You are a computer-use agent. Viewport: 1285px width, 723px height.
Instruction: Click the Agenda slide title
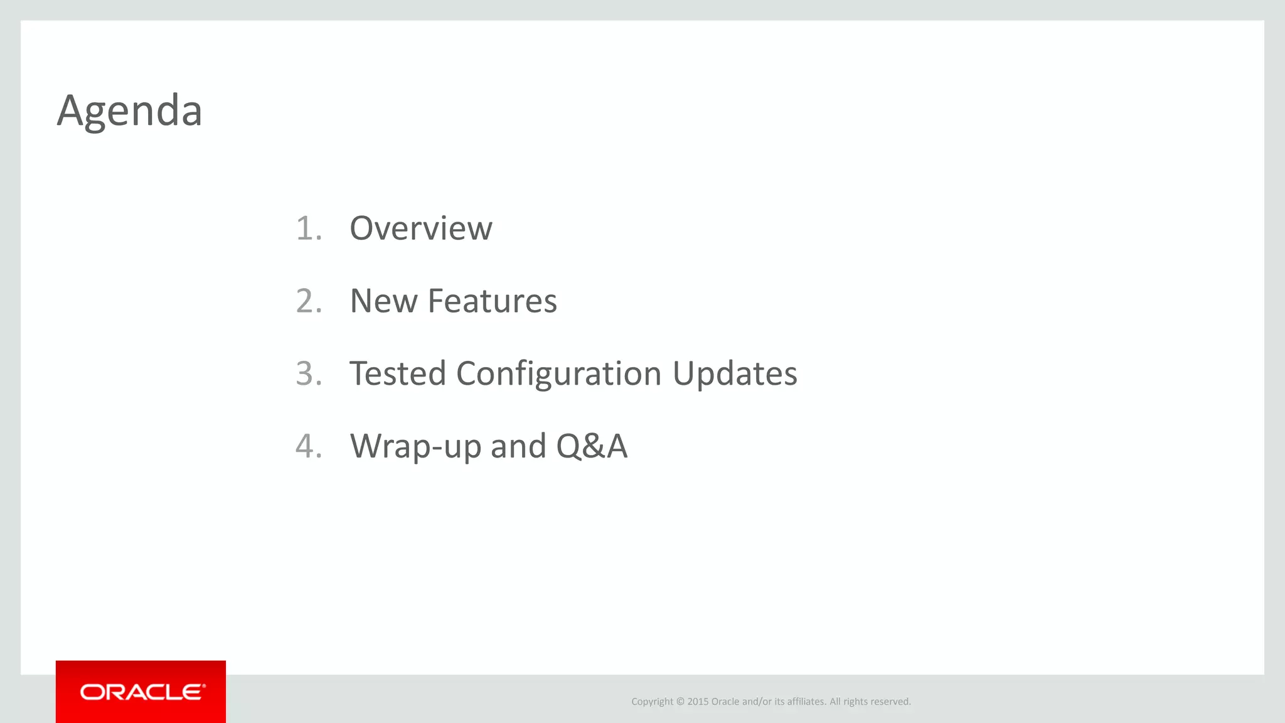pos(129,111)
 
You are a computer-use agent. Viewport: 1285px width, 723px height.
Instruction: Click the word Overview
pos(420,228)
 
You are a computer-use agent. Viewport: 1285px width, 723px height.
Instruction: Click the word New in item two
pos(383,301)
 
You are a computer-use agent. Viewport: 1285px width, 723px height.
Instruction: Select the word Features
pos(492,301)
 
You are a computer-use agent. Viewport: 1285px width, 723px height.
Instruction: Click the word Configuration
pos(558,373)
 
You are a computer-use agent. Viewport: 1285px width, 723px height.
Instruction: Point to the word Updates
pos(735,373)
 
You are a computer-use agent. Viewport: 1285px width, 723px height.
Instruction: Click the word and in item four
pos(518,446)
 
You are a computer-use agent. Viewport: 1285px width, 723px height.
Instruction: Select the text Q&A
pos(591,446)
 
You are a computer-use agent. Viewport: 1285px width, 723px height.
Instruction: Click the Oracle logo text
pos(142,692)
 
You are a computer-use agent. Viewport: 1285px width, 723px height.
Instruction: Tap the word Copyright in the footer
pos(652,702)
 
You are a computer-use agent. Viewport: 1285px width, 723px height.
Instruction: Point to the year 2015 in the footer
pos(698,702)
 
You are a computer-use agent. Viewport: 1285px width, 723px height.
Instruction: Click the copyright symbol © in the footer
pos(680,702)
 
